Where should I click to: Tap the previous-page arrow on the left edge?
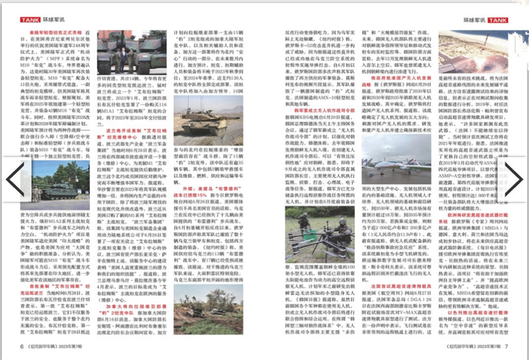(14, 179)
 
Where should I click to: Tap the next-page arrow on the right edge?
(514, 179)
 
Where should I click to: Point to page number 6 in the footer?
(21, 346)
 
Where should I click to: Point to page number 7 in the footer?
(506, 346)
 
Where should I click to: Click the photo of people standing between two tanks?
(125, 55)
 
